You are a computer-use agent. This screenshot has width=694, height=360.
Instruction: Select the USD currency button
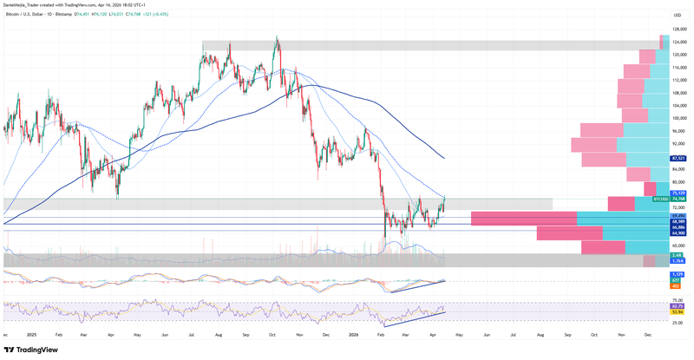pos(678,16)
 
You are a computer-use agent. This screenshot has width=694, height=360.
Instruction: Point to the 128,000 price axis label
pos(681,29)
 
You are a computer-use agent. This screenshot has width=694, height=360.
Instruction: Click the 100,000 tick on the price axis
pos(681,118)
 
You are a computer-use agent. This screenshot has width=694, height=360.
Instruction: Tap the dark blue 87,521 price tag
pos(680,159)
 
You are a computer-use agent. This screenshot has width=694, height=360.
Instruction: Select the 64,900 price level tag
pos(680,233)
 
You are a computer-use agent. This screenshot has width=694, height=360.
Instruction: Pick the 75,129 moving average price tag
pos(680,193)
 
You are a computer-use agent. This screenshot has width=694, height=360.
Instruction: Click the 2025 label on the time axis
pos(30,334)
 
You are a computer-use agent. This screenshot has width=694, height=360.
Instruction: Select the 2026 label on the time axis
pos(354,334)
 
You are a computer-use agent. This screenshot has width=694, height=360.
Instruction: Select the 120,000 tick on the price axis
pos(681,54)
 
